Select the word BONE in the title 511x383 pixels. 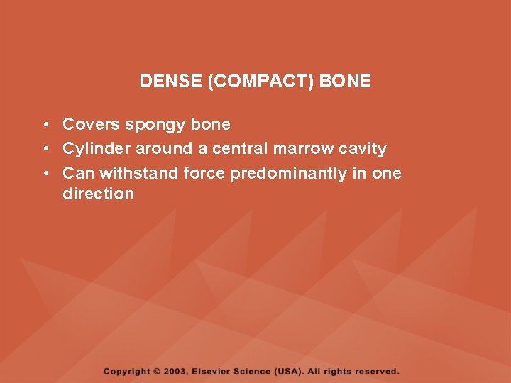click(x=346, y=81)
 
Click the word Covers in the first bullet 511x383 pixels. click(x=91, y=124)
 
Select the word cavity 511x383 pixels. click(x=363, y=149)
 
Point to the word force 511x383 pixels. click(x=206, y=173)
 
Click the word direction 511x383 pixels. click(x=98, y=194)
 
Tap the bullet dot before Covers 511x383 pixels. click(x=45, y=125)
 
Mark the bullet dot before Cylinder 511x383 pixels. click(x=45, y=149)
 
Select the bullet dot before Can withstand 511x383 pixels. click(x=45, y=173)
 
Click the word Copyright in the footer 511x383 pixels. click(x=126, y=371)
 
